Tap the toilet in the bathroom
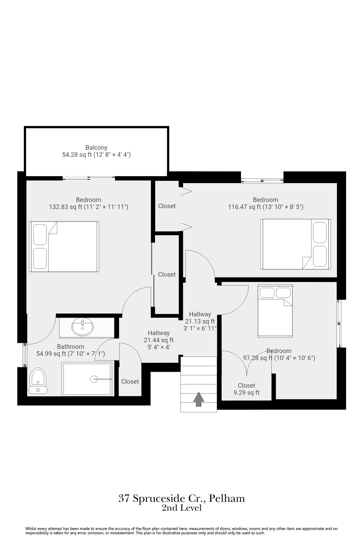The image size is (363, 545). point(38,381)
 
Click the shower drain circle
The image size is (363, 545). point(94,379)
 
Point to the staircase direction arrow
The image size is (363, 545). point(199,399)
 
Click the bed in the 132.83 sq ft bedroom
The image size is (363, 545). point(64,247)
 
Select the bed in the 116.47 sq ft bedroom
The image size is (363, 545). point(296,244)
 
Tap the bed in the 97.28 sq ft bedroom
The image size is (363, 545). point(275,311)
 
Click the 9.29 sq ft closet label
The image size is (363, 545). point(246,389)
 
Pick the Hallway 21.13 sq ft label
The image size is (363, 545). point(200,321)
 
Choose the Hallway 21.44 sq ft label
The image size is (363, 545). point(159,340)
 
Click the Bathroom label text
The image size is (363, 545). point(71,346)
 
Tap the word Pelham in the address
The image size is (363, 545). point(227,498)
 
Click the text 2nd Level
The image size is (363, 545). point(182,508)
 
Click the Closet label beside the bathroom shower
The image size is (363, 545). point(130,381)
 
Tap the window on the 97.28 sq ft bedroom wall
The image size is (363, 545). point(339,323)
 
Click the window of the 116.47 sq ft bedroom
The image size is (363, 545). point(262,180)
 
